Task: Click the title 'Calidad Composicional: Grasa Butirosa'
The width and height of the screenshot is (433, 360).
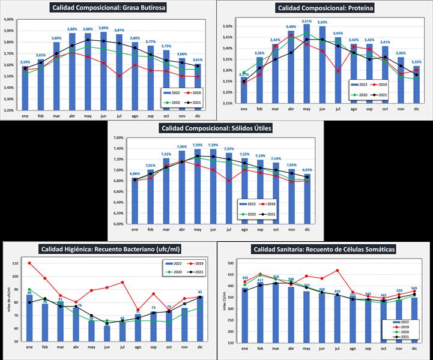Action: tap(109, 8)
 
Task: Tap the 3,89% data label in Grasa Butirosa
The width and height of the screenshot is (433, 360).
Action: tap(103, 28)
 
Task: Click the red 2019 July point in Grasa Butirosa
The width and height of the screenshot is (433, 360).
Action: tap(120, 76)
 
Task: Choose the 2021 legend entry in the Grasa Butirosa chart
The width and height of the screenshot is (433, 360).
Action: tap(188, 103)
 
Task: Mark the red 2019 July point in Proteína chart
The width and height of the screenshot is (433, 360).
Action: tap(338, 71)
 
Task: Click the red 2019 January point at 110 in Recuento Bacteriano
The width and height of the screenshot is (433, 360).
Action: tap(30, 263)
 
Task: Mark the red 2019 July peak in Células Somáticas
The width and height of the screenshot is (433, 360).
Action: tap(338, 271)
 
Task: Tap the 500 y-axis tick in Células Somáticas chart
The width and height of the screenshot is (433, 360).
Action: tap(229, 263)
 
